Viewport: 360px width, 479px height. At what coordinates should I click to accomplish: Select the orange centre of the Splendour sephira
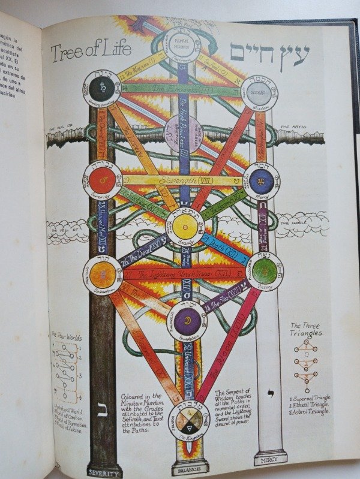pos(103,274)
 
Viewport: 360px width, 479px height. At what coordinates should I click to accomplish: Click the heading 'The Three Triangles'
pos(307,329)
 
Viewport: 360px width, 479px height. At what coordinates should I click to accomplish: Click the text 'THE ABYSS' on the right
pos(295,127)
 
